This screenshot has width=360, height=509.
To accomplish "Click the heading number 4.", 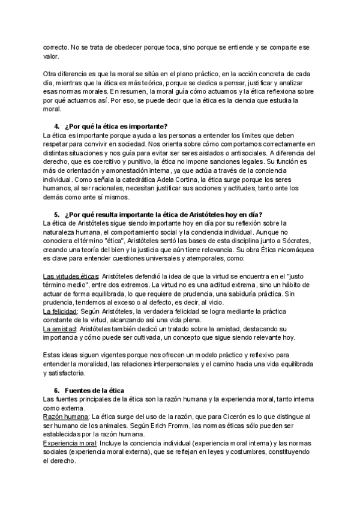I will [x=56, y=125].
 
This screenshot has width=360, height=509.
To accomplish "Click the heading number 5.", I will [x=56, y=215].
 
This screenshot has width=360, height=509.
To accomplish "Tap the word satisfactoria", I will [x=62, y=373].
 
